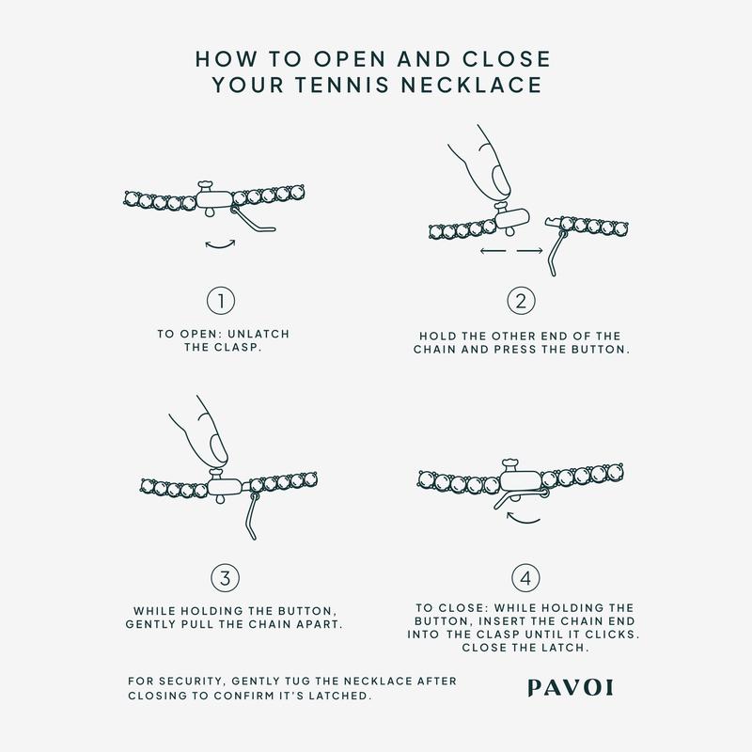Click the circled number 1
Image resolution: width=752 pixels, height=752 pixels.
[x=221, y=301]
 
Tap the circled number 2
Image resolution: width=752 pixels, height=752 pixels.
[x=521, y=301]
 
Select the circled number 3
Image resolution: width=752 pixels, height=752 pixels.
[x=225, y=578]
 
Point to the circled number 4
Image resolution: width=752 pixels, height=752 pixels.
[x=525, y=578]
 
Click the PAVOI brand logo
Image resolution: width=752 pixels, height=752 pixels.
[x=571, y=688]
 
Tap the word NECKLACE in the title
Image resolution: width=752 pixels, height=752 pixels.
[x=472, y=85]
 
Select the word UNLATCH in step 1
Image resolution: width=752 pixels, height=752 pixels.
[x=258, y=335]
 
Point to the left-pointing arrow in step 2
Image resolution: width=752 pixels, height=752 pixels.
[x=493, y=250]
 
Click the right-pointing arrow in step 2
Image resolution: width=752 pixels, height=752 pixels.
[x=530, y=250]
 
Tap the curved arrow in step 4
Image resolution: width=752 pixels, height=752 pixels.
[x=523, y=519]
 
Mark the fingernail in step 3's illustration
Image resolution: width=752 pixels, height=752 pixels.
[x=219, y=446]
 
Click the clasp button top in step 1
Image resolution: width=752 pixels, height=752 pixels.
[x=205, y=184]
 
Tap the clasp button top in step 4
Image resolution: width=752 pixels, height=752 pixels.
[x=511, y=462]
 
